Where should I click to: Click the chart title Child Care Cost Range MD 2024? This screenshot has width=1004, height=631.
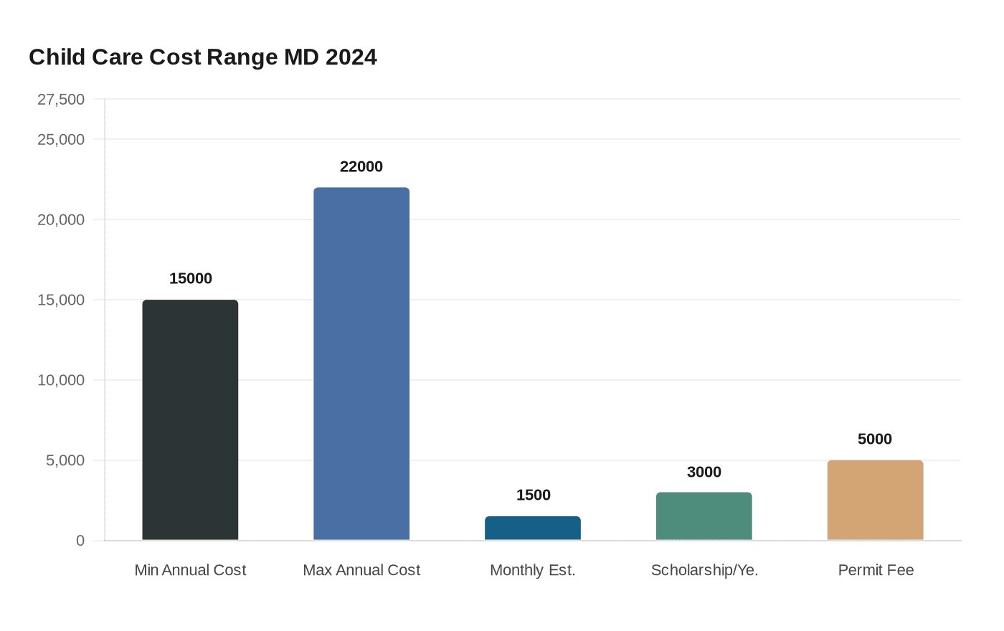tap(203, 57)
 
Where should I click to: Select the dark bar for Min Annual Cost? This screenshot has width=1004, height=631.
tap(190, 419)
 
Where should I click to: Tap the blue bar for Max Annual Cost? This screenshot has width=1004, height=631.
tap(361, 364)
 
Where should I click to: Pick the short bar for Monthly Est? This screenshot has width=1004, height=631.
tap(533, 528)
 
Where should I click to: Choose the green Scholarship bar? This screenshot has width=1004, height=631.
tap(704, 516)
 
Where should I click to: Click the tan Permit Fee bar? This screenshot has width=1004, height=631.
tap(875, 500)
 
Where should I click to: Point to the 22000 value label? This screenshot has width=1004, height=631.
tap(361, 166)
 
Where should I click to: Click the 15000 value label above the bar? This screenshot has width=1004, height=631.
tap(191, 278)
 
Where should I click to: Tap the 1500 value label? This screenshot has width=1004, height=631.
tap(534, 495)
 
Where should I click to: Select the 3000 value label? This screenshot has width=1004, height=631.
tap(704, 472)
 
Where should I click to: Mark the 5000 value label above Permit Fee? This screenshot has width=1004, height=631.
tap(875, 439)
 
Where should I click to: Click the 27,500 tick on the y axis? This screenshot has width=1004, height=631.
tap(61, 100)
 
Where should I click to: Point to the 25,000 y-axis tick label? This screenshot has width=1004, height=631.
tap(61, 140)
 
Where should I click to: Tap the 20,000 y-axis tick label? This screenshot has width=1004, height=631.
tap(61, 220)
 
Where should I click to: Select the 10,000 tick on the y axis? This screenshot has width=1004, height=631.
tap(61, 381)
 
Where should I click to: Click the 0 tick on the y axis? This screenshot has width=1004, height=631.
tap(80, 541)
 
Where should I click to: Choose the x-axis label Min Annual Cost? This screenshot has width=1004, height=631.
tap(190, 570)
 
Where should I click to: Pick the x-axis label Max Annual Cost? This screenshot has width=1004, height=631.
tap(361, 570)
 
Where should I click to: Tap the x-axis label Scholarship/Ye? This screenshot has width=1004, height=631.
tap(704, 570)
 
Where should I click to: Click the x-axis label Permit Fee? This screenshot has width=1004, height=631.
tap(876, 570)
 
